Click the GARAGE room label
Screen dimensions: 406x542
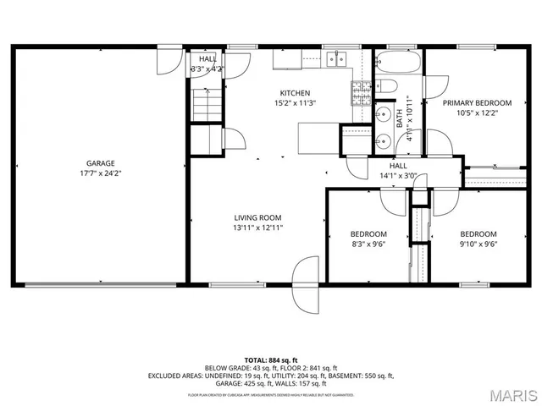point(100,163)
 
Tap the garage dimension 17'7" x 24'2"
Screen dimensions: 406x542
point(100,173)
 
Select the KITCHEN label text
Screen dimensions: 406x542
point(295,93)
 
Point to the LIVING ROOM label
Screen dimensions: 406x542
point(258,217)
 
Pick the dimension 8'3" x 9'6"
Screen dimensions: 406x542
point(368,244)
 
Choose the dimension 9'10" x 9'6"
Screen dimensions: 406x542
point(478,244)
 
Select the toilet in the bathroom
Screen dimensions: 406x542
point(384,85)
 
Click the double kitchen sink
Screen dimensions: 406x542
point(338,58)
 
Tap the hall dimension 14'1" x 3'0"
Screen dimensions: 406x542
point(399,176)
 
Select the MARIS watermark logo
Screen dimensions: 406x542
point(512,393)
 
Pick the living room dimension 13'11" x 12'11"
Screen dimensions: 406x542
point(258,228)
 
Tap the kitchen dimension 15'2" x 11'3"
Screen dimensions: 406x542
point(295,103)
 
